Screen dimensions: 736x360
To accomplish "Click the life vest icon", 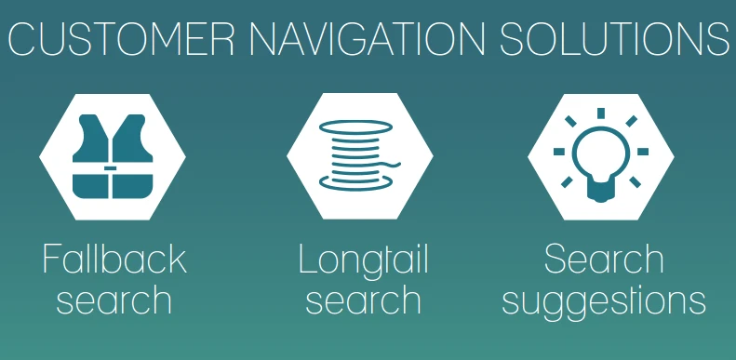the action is pos(113,153).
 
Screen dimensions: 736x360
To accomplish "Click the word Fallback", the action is pos(114,260).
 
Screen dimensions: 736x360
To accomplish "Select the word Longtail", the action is pos(364,261).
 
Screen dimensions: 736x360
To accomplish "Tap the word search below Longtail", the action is pos(364,301).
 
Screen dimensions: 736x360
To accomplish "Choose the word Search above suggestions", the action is pos(604,260).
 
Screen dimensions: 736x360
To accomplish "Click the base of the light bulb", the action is pos(600,193).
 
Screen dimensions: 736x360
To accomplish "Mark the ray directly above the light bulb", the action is pos(601,113).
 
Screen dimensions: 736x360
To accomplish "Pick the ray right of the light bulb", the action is pos(642,150).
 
